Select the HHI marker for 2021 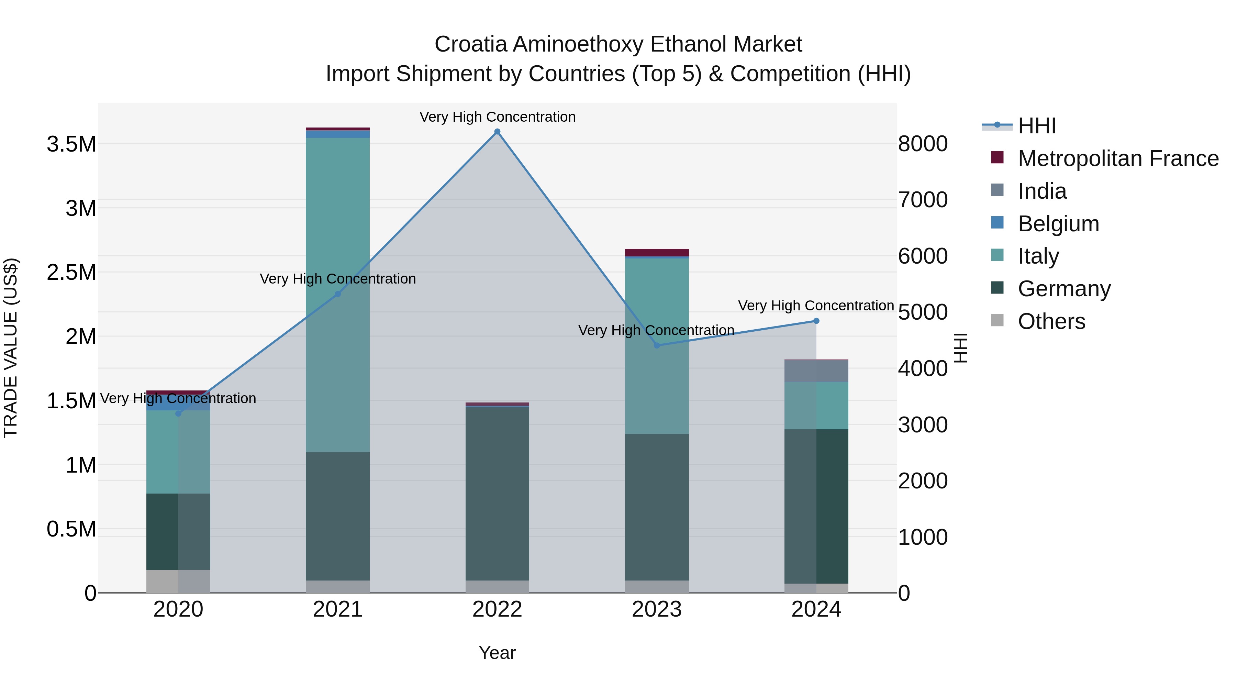(337, 294)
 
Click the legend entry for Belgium (1058, 224)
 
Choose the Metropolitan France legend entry (1117, 158)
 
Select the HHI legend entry (1036, 126)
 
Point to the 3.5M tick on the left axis (71, 144)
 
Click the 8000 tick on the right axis (923, 144)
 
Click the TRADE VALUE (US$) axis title (11, 348)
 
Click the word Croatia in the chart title (471, 44)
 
